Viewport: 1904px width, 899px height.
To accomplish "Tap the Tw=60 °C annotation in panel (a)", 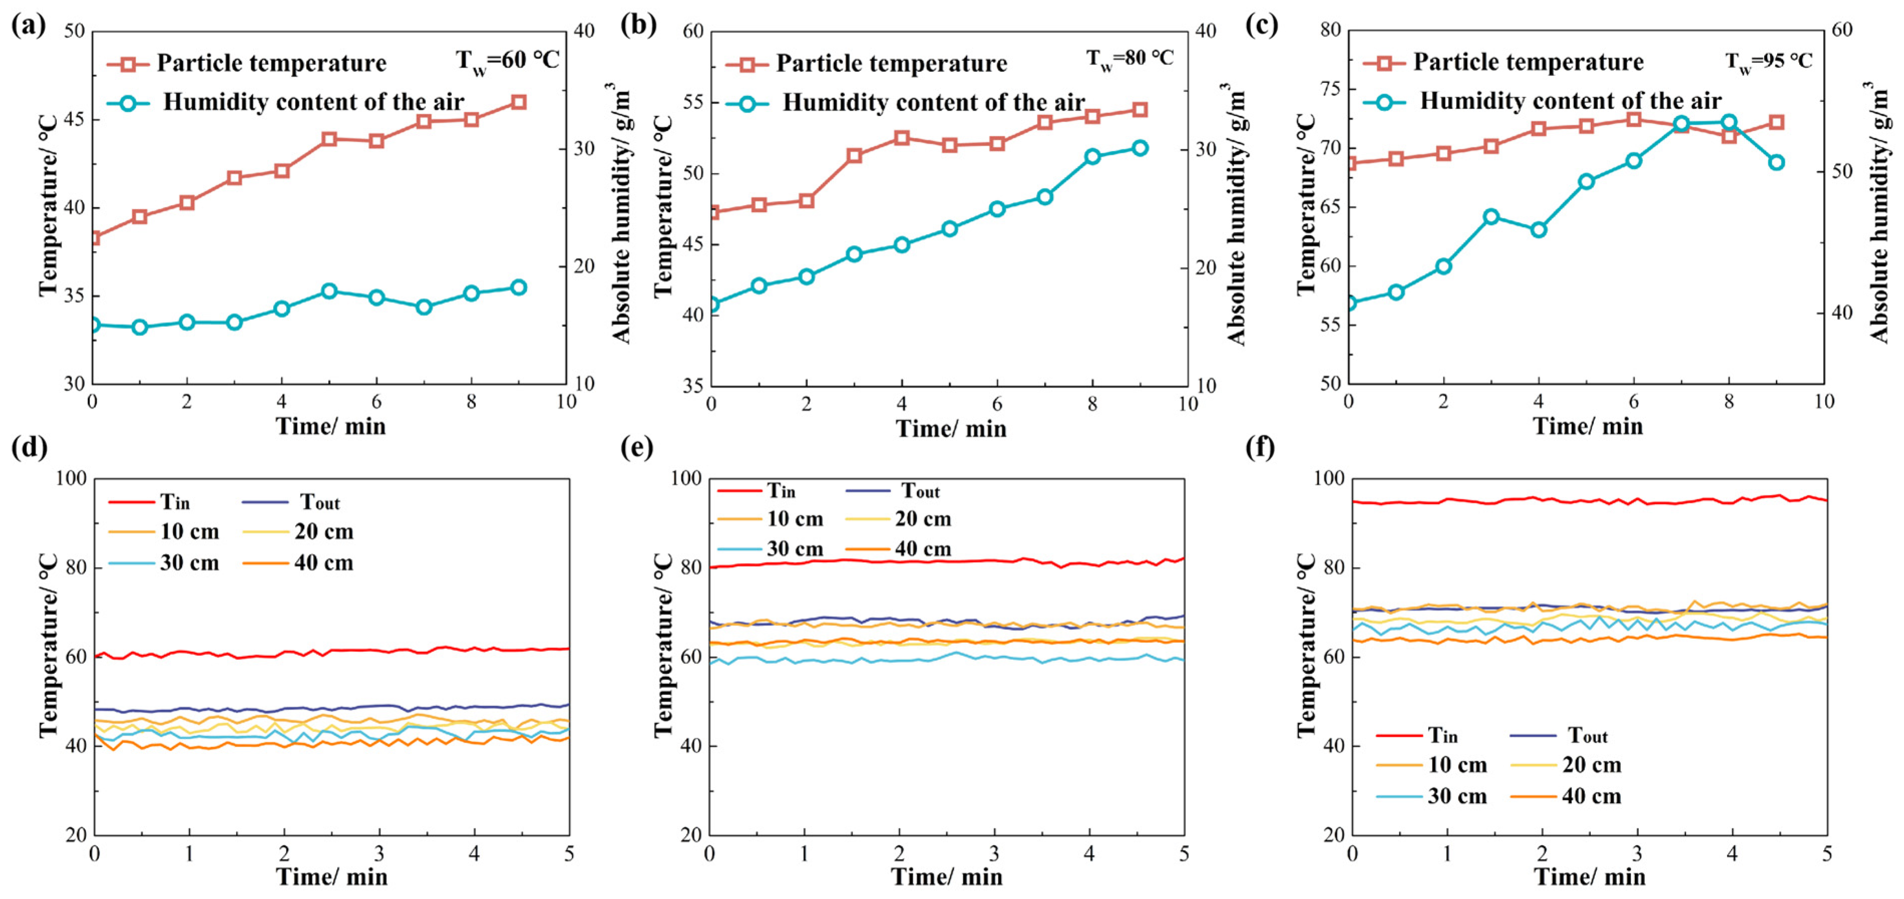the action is [507, 60].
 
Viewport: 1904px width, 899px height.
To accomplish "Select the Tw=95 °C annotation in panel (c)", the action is [1769, 61].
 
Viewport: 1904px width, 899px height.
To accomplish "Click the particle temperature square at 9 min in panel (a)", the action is [519, 102].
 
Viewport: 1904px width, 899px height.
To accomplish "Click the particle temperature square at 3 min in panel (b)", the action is [855, 155].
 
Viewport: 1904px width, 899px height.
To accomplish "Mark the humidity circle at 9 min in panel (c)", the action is [1777, 162].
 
